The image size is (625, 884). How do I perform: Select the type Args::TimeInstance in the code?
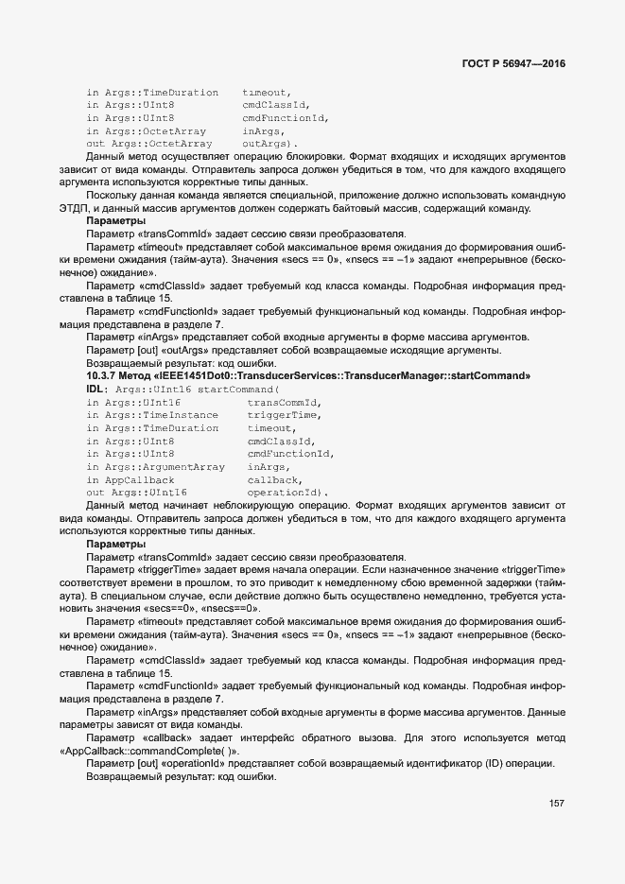[161, 415]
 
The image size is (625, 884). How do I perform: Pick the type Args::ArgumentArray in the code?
[165, 467]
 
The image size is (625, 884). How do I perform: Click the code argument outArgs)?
[269, 143]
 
